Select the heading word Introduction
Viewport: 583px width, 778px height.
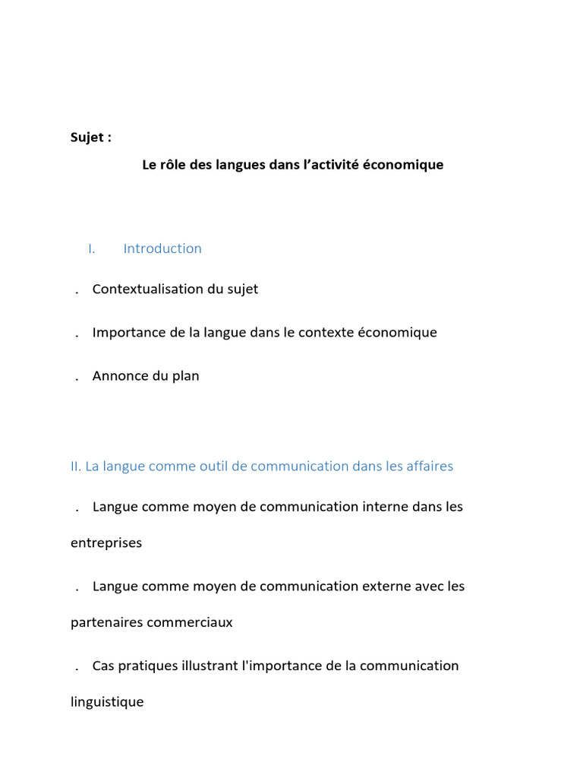click(162, 248)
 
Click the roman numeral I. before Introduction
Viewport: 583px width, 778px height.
click(91, 248)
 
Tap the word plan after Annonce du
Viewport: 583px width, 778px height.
click(185, 375)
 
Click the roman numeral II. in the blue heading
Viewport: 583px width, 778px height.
click(76, 466)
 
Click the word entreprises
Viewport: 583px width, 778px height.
click(106, 543)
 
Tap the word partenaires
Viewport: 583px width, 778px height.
click(106, 622)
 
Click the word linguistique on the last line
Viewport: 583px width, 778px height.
click(107, 702)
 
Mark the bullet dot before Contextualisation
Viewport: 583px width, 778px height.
click(78, 293)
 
